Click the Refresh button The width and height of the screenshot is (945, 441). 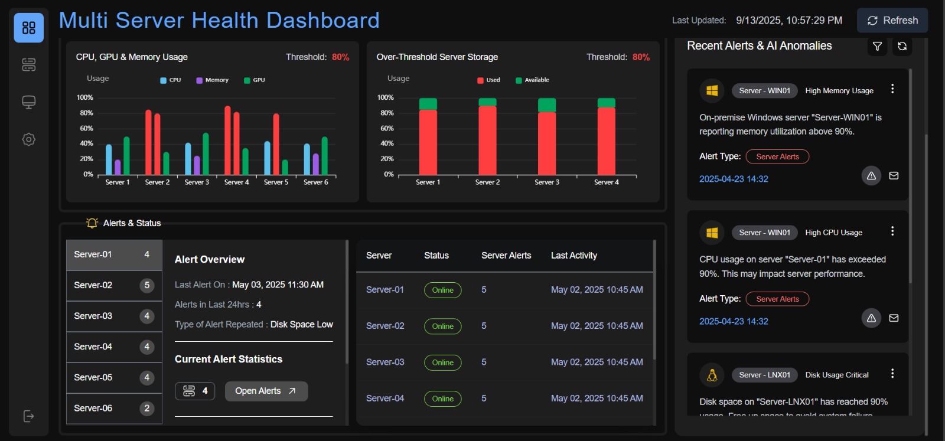coord(892,21)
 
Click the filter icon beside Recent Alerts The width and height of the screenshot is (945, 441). coord(877,46)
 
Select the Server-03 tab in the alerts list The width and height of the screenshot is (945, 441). coord(113,316)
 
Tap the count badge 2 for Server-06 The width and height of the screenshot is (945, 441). coord(147,409)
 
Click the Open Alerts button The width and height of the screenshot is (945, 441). coord(266,391)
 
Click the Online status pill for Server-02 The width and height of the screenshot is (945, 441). coord(442,326)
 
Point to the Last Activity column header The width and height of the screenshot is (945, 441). coord(573,256)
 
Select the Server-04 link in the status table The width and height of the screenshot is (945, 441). coord(385,398)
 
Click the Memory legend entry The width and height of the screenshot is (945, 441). coord(212,80)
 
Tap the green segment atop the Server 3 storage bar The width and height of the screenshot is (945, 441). coord(547,105)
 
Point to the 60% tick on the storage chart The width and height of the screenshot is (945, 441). coord(387,128)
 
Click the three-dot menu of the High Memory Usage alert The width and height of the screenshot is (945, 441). coord(892,89)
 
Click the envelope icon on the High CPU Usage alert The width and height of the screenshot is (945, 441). coord(894,318)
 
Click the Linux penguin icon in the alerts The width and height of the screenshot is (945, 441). coord(712,375)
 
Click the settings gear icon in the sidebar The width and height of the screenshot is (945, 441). coord(28,140)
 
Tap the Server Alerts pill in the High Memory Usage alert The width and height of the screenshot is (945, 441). coord(777,157)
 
